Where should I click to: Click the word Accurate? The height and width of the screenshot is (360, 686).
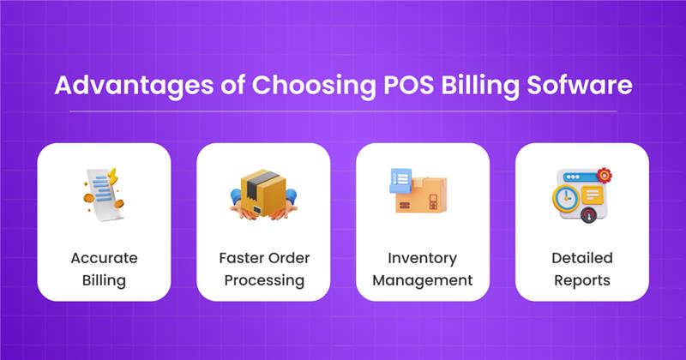(x=105, y=258)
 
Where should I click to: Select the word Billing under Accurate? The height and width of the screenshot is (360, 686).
(x=105, y=279)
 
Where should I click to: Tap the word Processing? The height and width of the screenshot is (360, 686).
(x=263, y=279)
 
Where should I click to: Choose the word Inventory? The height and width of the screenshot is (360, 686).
(x=423, y=258)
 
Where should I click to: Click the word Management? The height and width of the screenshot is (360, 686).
(x=423, y=279)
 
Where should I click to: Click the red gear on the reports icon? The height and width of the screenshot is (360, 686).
(x=606, y=175)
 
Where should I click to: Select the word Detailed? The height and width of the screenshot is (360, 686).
(x=581, y=258)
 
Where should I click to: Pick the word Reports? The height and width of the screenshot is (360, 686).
(x=581, y=279)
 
